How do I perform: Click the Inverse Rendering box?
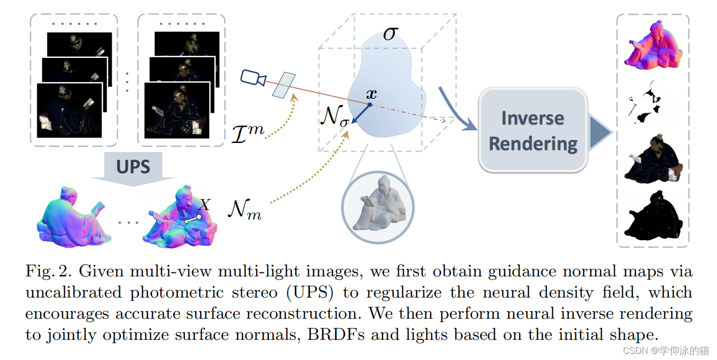pyautogui.click(x=533, y=131)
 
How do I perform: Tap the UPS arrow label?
pyautogui.click(x=133, y=167)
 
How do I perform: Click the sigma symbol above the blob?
pyautogui.click(x=390, y=34)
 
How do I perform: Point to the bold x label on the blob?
pyautogui.click(x=371, y=94)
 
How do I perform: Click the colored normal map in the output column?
pyautogui.click(x=653, y=45)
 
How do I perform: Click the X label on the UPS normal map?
pyautogui.click(x=204, y=204)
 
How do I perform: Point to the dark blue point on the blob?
pyautogui.click(x=369, y=105)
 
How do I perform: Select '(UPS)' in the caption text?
pyautogui.click(x=309, y=293)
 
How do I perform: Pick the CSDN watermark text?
pyautogui.click(x=665, y=350)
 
